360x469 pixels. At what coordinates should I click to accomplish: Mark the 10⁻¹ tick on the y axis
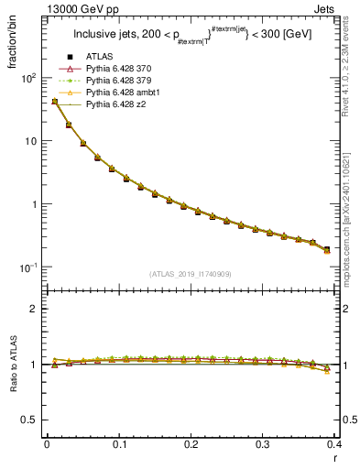click(x=27, y=267)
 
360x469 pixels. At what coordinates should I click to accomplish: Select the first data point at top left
click(x=55, y=102)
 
